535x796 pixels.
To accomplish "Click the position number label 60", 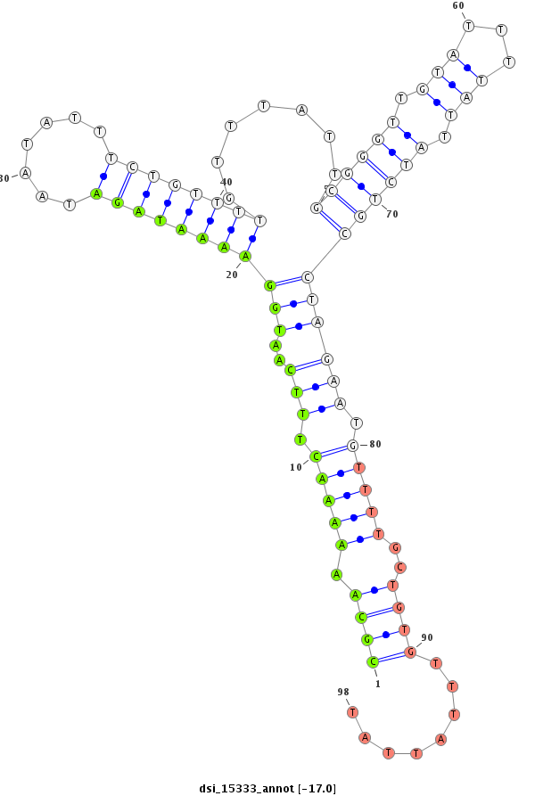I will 458,5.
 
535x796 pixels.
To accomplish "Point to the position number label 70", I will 391,214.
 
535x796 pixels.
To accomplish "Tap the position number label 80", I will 375,444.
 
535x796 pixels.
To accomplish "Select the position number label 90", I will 427,637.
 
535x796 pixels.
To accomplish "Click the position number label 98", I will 343,692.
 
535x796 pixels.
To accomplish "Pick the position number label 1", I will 377,684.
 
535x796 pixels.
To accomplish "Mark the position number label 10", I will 296,467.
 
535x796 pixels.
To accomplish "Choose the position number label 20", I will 232,275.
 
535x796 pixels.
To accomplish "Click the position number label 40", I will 226,182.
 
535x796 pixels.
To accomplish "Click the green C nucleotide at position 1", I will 373,661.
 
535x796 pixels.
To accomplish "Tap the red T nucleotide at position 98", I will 353,711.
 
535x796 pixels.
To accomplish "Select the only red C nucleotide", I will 401,567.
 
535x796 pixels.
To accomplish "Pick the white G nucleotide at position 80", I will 353,445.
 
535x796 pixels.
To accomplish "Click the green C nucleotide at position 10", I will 315,456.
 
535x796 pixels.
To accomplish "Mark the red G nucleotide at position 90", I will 411,652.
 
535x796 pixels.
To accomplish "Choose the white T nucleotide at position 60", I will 468,26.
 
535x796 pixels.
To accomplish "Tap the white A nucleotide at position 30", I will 26,172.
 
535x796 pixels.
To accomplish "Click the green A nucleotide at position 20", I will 245,256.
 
